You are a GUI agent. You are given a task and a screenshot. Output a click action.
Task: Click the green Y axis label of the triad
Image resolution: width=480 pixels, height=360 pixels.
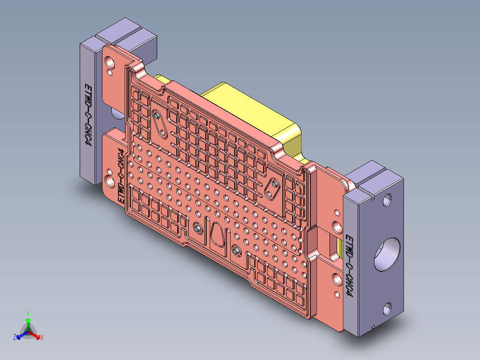(x=28, y=313)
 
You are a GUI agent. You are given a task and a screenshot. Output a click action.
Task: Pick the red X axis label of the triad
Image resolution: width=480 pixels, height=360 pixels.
(x=42, y=338)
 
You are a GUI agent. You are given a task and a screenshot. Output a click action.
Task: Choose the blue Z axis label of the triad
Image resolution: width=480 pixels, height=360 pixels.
(x=15, y=338)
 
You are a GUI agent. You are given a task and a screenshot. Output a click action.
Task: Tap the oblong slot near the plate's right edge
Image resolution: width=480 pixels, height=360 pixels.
(x=272, y=189)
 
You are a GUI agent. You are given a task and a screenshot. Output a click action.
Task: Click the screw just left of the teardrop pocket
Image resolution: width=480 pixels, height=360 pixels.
(x=196, y=229)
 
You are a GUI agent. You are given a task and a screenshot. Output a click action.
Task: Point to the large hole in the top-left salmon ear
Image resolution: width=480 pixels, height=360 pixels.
(x=110, y=61)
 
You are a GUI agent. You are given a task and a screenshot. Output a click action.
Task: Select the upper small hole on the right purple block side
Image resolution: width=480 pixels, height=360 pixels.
(x=387, y=200)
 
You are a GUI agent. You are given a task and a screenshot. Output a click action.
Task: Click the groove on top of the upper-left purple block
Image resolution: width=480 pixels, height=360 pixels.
(x=126, y=34)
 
